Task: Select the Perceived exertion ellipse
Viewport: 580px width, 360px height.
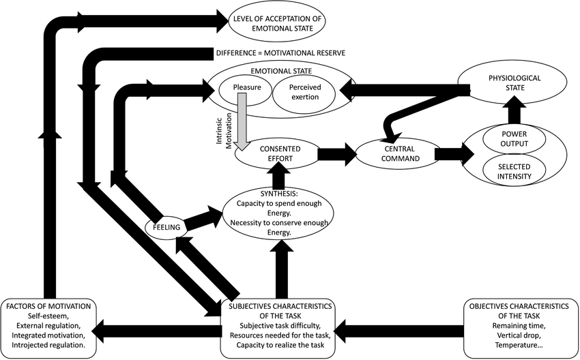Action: (304, 93)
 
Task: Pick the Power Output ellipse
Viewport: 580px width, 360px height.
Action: (514, 139)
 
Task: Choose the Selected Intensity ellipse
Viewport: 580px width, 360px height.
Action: (514, 172)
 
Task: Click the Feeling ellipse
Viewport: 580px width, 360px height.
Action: (166, 227)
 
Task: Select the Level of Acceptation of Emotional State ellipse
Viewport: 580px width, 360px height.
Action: (277, 23)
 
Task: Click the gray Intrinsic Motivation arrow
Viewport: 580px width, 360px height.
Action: (242, 121)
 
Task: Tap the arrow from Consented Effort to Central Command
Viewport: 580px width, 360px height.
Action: (337, 154)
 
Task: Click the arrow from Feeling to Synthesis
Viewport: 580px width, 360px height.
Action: (203, 219)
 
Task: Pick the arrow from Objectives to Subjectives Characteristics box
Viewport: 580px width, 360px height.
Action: (399, 331)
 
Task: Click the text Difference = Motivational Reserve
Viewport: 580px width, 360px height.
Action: (280, 53)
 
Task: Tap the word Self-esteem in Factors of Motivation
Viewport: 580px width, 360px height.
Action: (48, 316)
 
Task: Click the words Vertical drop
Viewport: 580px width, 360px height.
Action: (519, 335)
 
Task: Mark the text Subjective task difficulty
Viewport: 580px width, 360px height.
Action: (280, 326)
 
